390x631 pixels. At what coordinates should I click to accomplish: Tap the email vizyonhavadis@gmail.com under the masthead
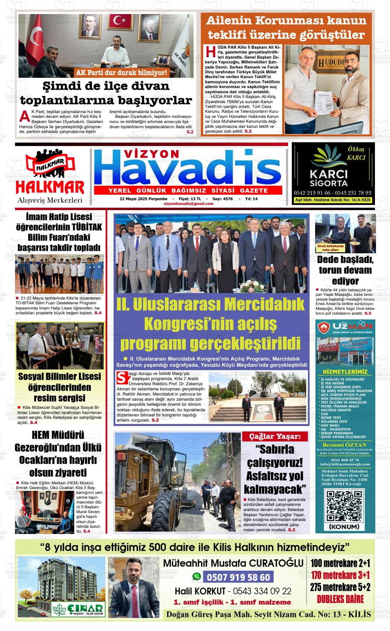[x=188, y=204]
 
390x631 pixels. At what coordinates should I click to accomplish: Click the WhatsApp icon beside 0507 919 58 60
[x=196, y=577]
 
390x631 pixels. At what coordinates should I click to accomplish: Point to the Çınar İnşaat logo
[x=78, y=609]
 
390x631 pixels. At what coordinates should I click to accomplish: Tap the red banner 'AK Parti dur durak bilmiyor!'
[x=122, y=73]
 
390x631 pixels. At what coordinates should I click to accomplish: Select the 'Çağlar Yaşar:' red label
[x=275, y=436]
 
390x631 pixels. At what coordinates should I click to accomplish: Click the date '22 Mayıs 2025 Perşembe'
[x=143, y=199]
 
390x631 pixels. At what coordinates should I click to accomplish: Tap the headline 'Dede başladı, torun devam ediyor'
[x=345, y=270]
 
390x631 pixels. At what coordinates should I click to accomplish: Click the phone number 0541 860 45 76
[x=344, y=460]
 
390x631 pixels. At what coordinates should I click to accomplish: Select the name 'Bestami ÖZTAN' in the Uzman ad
[x=344, y=445]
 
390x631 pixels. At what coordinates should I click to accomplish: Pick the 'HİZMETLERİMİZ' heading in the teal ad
[x=344, y=372]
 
